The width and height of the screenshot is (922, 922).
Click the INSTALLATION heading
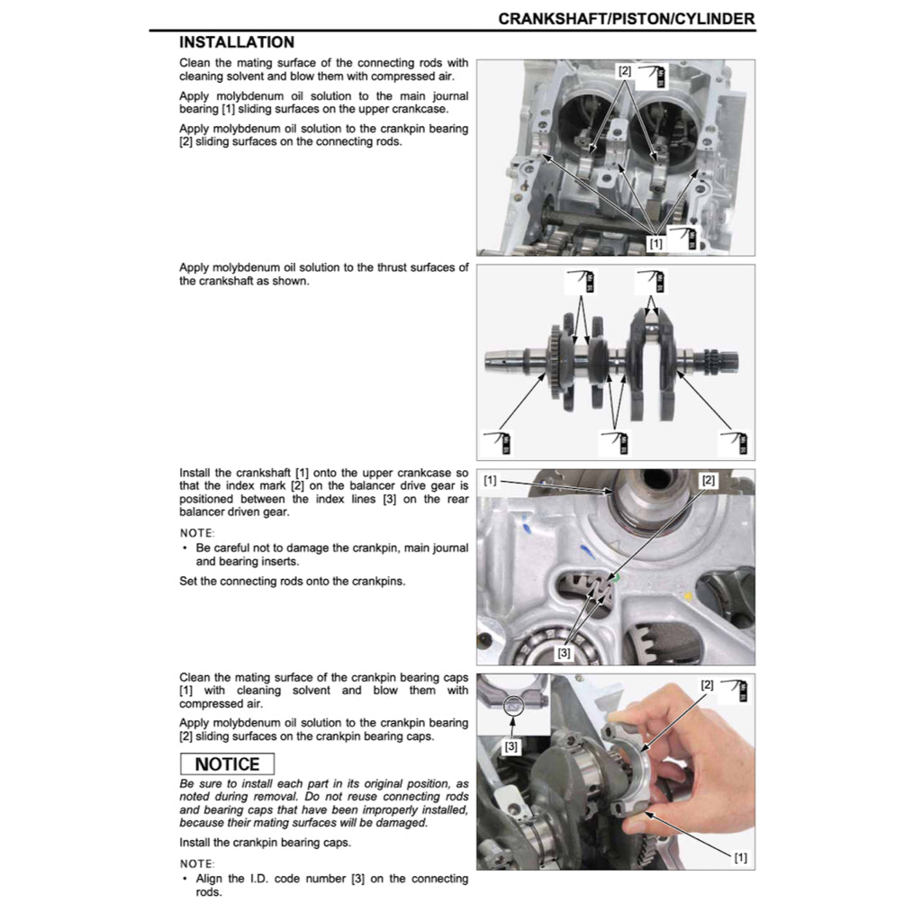pos(236,42)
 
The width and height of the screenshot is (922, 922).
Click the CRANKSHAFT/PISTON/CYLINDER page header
pos(627,18)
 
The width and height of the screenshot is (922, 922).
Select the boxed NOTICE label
pos(227,764)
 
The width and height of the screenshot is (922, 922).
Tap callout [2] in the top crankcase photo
pos(624,70)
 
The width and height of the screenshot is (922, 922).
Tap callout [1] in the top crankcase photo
pos(655,243)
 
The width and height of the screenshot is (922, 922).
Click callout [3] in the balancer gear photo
pos(565,652)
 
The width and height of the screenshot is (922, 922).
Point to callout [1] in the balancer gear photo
pos(490,481)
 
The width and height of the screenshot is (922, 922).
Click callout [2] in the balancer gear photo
pos(708,481)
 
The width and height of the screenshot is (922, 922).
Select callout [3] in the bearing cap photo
pos(511,746)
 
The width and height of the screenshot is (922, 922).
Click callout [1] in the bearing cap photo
pos(740,856)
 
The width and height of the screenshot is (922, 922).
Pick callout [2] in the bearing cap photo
pos(707,685)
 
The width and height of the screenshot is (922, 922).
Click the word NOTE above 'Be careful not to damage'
pos(197,532)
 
